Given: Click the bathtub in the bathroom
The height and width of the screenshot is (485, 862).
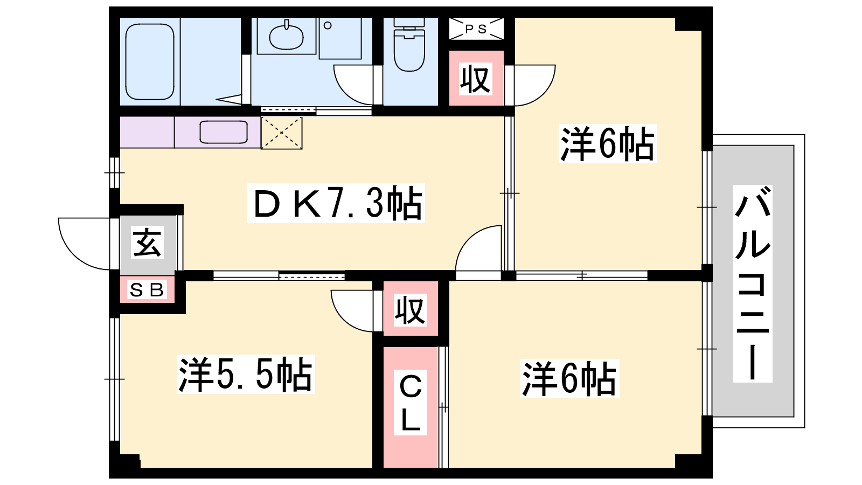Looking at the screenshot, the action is point(150,61).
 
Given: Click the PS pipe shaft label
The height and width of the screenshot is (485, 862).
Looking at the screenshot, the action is point(476,29).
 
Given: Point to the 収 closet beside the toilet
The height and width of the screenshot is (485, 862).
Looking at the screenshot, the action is point(476,79).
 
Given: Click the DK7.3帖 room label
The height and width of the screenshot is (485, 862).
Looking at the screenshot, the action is point(336,203).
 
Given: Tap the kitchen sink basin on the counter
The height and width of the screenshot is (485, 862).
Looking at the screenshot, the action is point(224,132).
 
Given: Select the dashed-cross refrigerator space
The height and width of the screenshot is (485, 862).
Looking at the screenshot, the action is point(282,133).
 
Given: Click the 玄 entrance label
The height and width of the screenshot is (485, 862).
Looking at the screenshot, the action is point(148,242).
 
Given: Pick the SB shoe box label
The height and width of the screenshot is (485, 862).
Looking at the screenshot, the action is point(147,290).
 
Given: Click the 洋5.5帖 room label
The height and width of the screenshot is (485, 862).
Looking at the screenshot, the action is point(246,375).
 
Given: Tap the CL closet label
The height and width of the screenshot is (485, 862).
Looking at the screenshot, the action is point(410,402).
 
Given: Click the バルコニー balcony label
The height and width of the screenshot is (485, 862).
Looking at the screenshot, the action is point(753,283).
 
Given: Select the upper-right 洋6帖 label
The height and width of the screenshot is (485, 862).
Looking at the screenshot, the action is point(608,143).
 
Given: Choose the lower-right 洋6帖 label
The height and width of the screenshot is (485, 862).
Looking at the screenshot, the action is point(569,378).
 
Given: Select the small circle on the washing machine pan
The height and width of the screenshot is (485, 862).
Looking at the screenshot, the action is point(328,25).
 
